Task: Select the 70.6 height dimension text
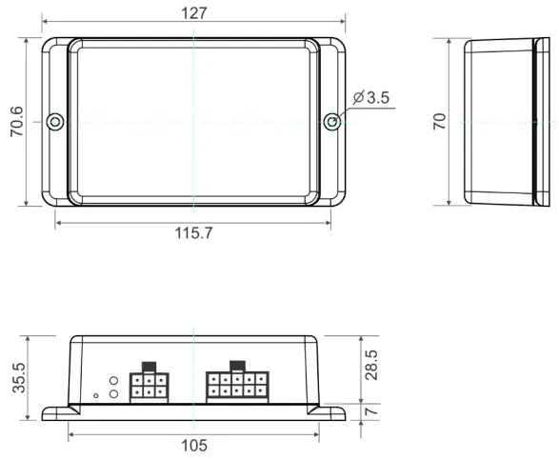click(x=16, y=121)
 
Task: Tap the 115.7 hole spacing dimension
click(x=193, y=234)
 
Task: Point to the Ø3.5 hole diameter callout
click(x=371, y=97)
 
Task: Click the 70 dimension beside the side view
click(x=440, y=121)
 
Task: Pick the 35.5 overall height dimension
click(x=16, y=377)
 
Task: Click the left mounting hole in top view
click(x=55, y=121)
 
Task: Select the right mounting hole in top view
click(x=330, y=121)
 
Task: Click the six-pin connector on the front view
click(x=150, y=386)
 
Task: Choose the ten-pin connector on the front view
click(x=238, y=386)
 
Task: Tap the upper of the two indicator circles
click(x=113, y=380)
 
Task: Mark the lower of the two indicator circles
click(x=113, y=393)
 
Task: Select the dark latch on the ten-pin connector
click(x=238, y=366)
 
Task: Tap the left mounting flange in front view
click(x=55, y=410)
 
